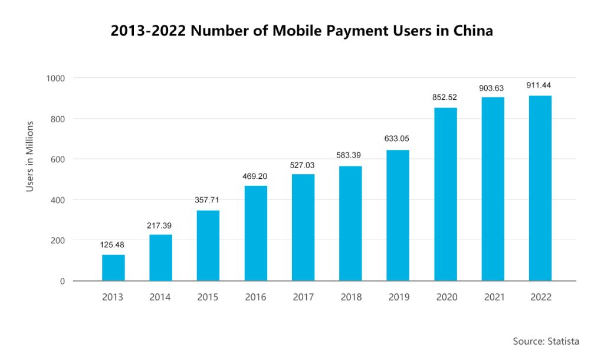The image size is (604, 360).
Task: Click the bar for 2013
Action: [x=113, y=267]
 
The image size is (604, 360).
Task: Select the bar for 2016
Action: [x=256, y=233]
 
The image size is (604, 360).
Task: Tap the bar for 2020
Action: [x=445, y=194]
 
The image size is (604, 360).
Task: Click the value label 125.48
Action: [x=112, y=244]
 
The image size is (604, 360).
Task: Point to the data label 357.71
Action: [x=207, y=200]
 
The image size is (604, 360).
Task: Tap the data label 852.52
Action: [x=445, y=97]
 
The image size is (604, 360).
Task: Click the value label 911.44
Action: [x=539, y=86]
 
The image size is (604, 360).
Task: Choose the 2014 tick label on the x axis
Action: [x=160, y=297]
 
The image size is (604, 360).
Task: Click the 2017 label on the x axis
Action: [x=303, y=297]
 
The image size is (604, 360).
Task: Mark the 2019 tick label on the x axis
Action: [x=399, y=297]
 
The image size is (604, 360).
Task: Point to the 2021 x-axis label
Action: [x=494, y=297]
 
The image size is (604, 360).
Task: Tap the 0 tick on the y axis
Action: [x=62, y=282]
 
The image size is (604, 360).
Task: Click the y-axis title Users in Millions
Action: [x=30, y=156]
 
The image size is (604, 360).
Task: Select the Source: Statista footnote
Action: [x=546, y=341]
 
